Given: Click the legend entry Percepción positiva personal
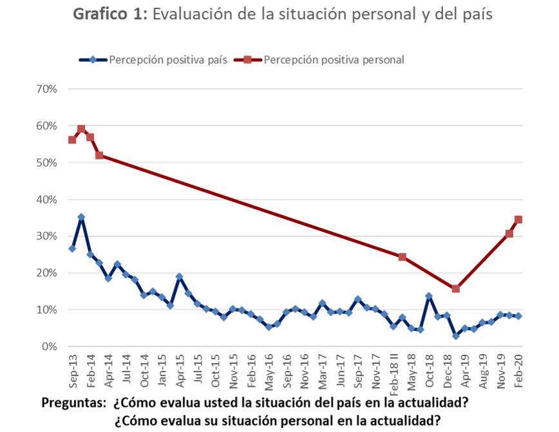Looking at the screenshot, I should (334, 60).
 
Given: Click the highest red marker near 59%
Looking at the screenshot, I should (81, 129).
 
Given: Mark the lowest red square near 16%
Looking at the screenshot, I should (455, 288).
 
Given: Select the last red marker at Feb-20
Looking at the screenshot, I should (518, 220).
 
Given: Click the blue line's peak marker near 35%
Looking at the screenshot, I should (81, 217).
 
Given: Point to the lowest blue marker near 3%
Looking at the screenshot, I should (455, 335).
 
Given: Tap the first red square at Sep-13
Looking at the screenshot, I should (72, 140).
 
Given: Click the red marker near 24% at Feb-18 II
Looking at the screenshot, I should (402, 257).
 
